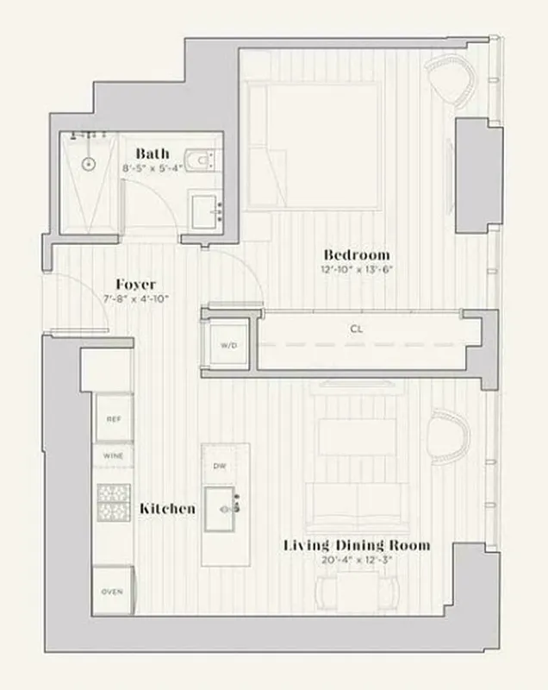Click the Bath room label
pyautogui.click(x=152, y=154)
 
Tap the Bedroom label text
pyautogui.click(x=356, y=254)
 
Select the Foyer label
pyautogui.click(x=135, y=285)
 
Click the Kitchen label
pyautogui.click(x=167, y=509)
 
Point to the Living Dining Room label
pyautogui.click(x=357, y=546)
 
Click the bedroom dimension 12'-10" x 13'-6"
pyautogui.click(x=356, y=269)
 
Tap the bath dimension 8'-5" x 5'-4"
pyautogui.click(x=153, y=168)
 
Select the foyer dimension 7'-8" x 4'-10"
pyautogui.click(x=135, y=298)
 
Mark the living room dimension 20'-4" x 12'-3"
pyautogui.click(x=357, y=560)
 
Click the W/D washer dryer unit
pyautogui.click(x=228, y=345)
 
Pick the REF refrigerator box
pyautogui.click(x=113, y=418)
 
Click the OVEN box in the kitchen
pyautogui.click(x=113, y=592)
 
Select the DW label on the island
pyautogui.click(x=219, y=467)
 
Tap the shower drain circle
pyautogui.click(x=88, y=163)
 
